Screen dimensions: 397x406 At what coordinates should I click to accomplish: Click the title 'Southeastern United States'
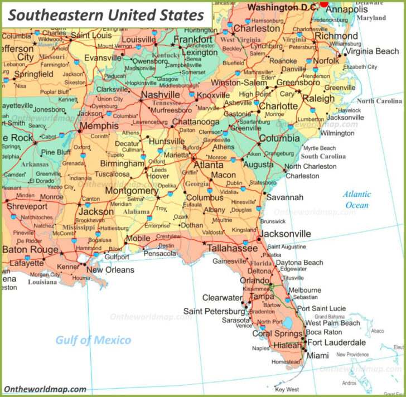click(106, 14)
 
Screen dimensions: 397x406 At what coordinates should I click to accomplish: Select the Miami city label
click(318, 356)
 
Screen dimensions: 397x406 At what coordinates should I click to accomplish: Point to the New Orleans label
click(110, 270)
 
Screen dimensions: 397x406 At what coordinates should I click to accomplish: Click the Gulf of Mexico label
click(93, 340)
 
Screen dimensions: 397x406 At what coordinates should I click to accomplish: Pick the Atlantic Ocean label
click(357, 200)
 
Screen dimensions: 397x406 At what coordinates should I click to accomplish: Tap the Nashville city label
click(161, 95)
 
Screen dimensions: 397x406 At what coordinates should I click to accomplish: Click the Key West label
click(287, 389)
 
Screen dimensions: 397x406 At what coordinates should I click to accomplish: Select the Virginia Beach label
click(372, 51)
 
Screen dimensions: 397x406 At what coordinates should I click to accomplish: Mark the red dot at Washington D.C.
click(324, 3)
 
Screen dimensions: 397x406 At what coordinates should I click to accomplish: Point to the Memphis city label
click(99, 126)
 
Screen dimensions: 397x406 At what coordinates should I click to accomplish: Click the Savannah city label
click(284, 197)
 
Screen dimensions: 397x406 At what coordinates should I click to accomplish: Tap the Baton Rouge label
click(30, 250)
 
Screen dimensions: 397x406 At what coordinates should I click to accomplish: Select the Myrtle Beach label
click(320, 148)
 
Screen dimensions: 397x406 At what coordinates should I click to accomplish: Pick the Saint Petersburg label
click(214, 311)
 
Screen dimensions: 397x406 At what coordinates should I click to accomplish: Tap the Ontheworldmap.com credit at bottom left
click(45, 389)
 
